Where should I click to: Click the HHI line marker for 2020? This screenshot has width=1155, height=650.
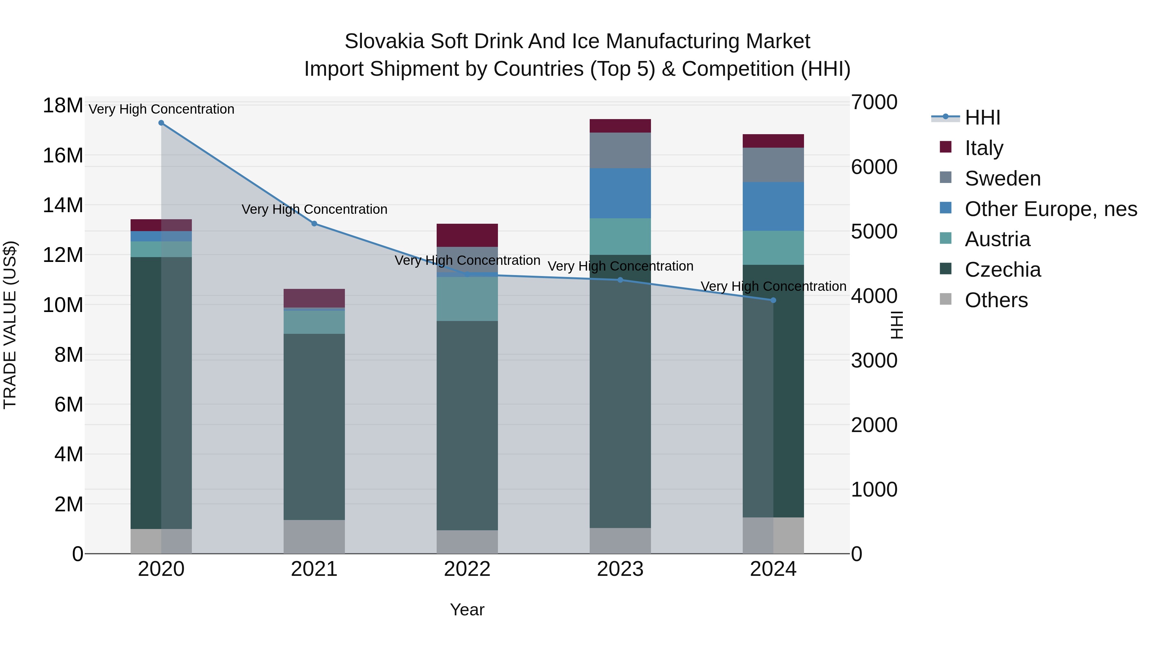[161, 123]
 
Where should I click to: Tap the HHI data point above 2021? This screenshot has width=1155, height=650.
[314, 223]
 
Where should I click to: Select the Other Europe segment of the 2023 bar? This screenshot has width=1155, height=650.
[620, 193]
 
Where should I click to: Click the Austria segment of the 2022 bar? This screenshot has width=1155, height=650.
[467, 299]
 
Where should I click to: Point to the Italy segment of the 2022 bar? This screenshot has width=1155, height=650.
[467, 235]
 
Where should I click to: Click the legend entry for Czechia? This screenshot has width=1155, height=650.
[1003, 270]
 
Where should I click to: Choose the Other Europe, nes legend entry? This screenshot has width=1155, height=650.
[1050, 209]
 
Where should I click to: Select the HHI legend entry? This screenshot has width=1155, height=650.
[982, 117]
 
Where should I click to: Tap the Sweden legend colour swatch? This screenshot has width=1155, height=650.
[945, 177]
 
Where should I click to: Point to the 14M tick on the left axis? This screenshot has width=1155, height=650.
[63, 205]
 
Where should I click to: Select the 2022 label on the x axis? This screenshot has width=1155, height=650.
[467, 569]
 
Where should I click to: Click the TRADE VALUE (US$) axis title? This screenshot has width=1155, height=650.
[10, 325]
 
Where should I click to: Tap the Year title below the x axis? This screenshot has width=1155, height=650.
[467, 610]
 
